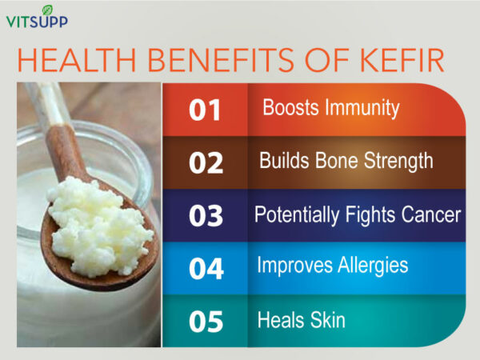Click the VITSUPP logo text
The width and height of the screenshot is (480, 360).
point(37,22)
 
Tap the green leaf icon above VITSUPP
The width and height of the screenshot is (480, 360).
point(46,9)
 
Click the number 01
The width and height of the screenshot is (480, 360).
point(205,110)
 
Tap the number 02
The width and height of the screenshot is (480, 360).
point(206,163)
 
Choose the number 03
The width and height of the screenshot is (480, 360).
point(206,216)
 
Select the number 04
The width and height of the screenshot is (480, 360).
point(206,269)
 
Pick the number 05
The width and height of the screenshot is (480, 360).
point(206,322)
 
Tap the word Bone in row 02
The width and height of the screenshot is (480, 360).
point(334,161)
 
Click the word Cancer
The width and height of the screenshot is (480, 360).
point(432,214)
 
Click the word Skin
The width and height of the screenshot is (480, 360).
point(329,320)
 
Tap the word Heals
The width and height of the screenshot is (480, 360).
point(281,320)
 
